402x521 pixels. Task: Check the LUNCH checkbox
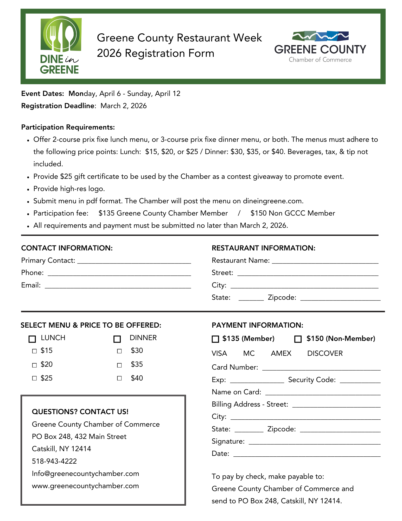point(32,339)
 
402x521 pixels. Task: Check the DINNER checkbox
point(117,339)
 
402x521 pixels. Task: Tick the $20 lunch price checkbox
point(34,365)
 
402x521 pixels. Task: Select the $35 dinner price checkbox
point(119,365)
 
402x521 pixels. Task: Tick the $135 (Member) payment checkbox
point(215,339)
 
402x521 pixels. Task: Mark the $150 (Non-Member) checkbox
point(298,339)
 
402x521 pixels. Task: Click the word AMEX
point(281,353)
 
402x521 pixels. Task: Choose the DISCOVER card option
point(325,353)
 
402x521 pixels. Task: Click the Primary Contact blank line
point(134,261)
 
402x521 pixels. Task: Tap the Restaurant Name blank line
point(325,261)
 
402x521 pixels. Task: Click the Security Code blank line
point(360,381)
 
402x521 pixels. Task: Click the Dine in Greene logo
point(60,45)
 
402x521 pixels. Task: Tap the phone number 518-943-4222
point(54,461)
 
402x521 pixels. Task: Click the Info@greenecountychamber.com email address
point(85,474)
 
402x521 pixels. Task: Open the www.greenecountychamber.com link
point(85,486)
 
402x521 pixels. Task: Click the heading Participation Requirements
point(68,127)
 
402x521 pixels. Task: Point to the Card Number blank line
point(321,368)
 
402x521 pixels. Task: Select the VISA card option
point(219,353)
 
